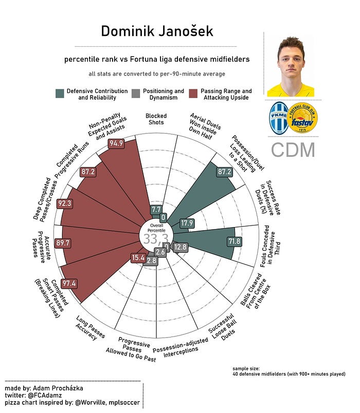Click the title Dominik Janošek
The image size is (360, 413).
(157, 31)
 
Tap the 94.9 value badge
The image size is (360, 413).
(117, 144)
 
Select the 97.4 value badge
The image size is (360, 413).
(68, 284)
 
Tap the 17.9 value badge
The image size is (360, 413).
(187, 223)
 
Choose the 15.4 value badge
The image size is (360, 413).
(138, 258)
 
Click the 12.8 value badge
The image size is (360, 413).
(181, 247)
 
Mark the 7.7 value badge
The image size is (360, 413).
(156, 210)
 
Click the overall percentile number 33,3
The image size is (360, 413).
(156, 239)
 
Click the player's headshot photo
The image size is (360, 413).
(290, 65)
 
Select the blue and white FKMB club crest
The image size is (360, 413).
(279, 119)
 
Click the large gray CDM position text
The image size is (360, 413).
(293, 150)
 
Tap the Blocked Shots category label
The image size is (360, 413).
(156, 119)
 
